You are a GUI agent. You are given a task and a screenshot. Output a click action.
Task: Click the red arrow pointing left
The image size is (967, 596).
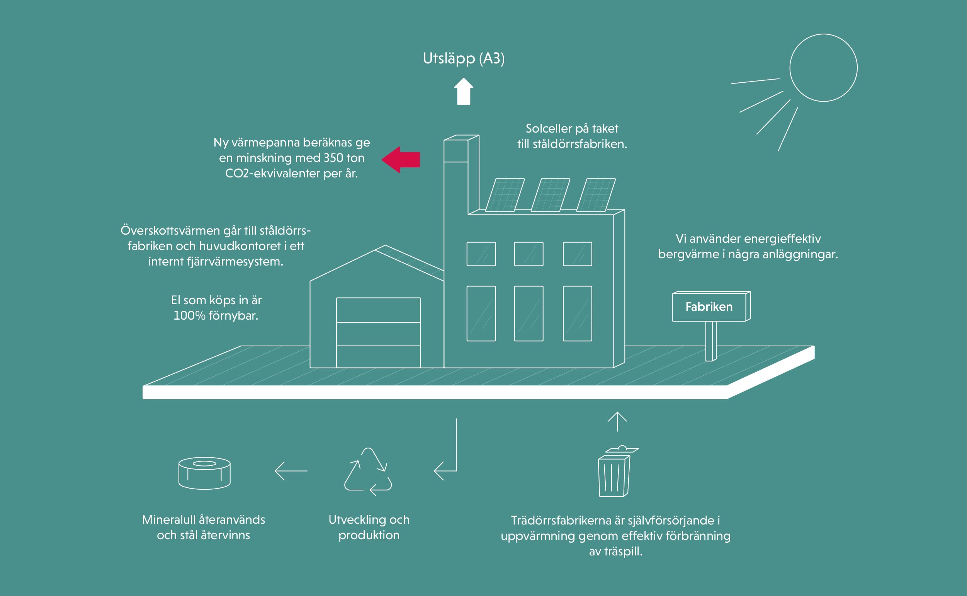coord(401,160)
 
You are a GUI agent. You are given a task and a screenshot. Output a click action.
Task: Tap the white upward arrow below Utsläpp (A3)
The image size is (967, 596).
coord(464,92)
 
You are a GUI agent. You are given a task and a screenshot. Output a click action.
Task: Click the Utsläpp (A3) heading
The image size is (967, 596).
coord(464,58)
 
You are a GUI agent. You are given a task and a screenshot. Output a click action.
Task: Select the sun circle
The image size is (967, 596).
coord(823,68)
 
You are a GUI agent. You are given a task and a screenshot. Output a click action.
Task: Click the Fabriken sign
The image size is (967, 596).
coord(709,307)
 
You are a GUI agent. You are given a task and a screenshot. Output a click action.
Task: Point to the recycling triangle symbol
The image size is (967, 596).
coord(368,472)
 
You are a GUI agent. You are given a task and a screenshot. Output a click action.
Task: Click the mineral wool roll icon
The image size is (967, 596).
coord(204,473)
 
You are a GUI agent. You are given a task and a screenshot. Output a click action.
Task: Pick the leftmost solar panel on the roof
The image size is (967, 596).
coord(505,195)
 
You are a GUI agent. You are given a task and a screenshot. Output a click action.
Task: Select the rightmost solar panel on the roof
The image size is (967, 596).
coord(596,195)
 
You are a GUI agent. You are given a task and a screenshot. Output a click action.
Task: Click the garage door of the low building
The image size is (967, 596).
coord(378,333)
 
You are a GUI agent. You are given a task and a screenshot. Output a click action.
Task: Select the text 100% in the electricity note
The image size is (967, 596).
coord(189,316)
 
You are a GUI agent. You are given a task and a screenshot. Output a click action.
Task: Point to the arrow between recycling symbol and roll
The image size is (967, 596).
coord(291,471)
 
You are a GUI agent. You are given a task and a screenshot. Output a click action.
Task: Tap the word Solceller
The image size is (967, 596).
coord(549,128)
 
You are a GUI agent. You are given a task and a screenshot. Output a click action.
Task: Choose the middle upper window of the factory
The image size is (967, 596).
coord(529,254)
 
